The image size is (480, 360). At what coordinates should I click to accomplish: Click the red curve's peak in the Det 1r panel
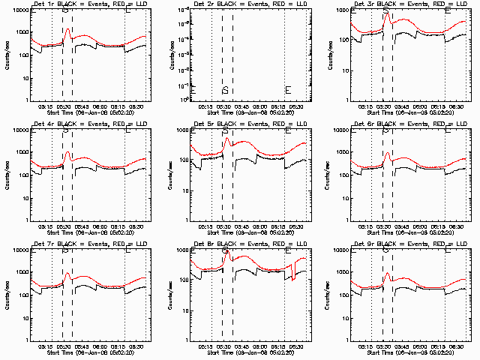(67, 30)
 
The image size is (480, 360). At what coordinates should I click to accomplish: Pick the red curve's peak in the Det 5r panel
(226, 138)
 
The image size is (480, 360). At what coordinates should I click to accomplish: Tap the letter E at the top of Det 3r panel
(448, 10)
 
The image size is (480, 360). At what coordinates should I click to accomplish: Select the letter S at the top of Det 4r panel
(66, 130)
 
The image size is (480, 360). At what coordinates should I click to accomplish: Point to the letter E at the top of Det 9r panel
(448, 250)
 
